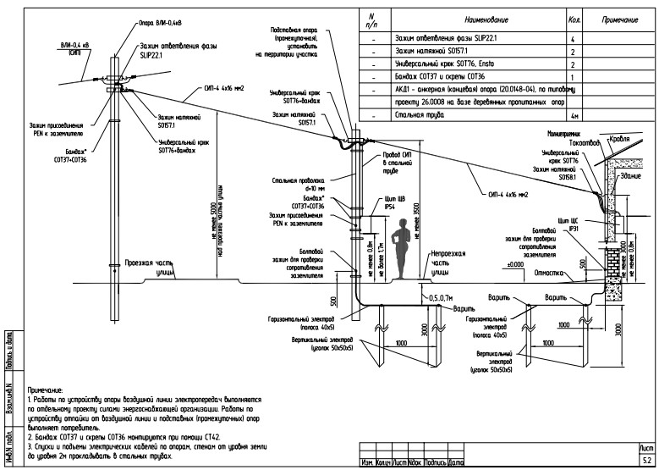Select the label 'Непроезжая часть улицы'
pyautogui.click(x=446, y=263)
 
